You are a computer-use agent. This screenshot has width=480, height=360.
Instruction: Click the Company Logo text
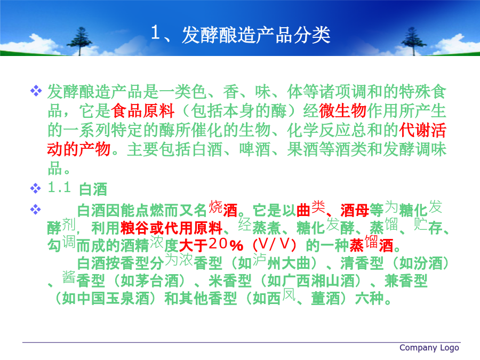[429, 348]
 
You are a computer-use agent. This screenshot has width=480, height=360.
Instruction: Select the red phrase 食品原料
[142, 111]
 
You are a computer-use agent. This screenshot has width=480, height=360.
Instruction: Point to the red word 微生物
[342, 111]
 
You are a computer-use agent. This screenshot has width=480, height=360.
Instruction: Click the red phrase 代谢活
[422, 130]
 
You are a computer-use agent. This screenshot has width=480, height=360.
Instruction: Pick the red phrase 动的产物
[79, 149]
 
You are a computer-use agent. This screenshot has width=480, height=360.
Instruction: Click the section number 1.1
[59, 187]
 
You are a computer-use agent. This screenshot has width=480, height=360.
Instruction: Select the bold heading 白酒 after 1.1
[93, 189]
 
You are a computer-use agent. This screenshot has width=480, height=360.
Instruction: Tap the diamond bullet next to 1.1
[36, 188]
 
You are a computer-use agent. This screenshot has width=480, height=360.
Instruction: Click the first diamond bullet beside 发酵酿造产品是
[36, 91]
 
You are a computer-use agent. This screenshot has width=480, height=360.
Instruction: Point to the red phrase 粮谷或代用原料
[171, 228]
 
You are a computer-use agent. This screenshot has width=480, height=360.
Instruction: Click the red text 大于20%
[211, 245]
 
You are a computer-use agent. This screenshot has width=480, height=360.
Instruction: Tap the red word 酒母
[355, 210]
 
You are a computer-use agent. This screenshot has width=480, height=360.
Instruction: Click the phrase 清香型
[362, 263]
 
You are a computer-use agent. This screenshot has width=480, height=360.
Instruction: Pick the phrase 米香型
[230, 281]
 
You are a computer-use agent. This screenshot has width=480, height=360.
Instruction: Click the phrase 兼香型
[406, 281]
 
